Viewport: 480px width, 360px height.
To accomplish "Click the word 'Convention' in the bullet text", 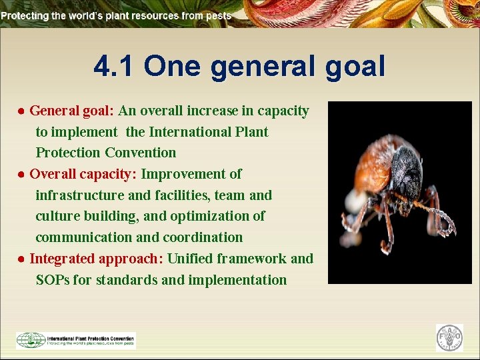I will (140, 153).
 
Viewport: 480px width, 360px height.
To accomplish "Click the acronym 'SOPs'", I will (53, 280).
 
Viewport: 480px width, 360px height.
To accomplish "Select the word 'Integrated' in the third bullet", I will (63, 259).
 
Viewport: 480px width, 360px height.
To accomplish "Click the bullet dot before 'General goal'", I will (22, 111).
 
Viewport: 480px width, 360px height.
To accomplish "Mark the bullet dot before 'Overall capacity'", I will (22, 175).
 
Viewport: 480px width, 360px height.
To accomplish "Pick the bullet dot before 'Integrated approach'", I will (22, 259).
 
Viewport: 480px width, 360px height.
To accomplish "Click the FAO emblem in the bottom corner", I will (449, 338).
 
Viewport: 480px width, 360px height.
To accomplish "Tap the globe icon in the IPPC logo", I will (31, 340).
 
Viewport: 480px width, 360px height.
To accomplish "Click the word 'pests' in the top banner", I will (218, 15).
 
